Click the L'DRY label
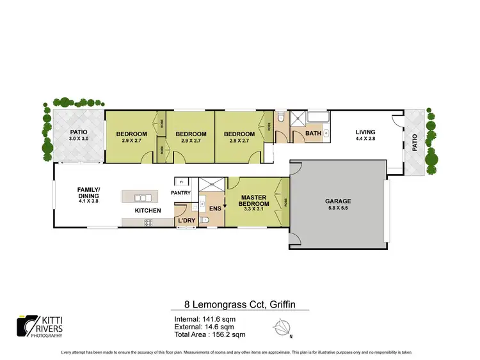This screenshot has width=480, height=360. (x=186, y=221)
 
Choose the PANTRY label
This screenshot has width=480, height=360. (x=181, y=192)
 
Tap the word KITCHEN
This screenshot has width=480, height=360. (x=147, y=210)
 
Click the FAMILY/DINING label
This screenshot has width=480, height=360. (x=88, y=192)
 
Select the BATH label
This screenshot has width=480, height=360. (x=312, y=134)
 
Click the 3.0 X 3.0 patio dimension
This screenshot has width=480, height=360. (x=79, y=139)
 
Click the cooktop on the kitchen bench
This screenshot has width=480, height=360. (x=148, y=223)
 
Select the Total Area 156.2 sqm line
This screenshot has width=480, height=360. (x=209, y=334)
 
